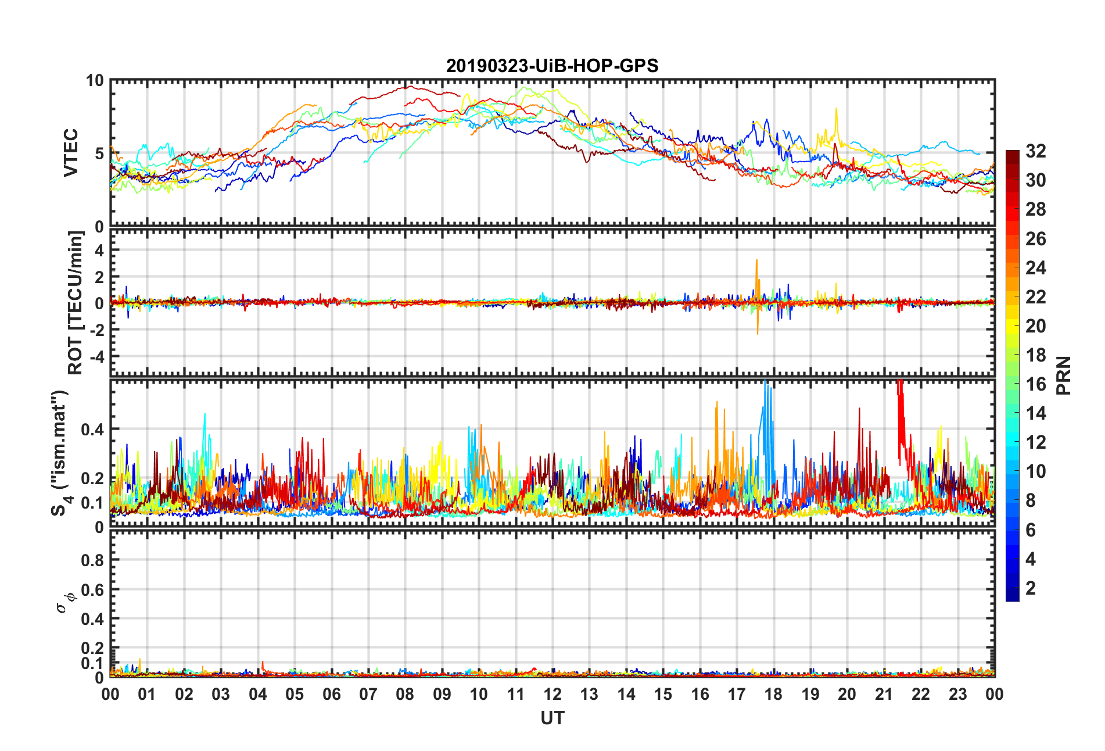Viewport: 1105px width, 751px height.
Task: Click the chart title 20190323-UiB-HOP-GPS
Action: click(552, 66)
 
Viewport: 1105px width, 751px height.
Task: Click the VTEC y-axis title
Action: click(71, 153)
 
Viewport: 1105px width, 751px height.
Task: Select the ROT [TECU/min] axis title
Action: click(76, 303)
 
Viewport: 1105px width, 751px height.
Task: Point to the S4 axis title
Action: click(60, 453)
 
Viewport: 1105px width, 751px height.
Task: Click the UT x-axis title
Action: click(552, 718)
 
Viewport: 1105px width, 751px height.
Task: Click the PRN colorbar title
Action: click(1064, 376)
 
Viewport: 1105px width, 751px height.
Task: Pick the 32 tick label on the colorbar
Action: click(1036, 152)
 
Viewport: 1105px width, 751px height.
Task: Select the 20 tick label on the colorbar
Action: click(1036, 326)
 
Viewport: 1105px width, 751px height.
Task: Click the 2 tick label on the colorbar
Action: click(1031, 588)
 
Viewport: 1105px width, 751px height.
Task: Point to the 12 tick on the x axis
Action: click(552, 695)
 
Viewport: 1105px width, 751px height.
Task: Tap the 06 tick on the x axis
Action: click(332, 695)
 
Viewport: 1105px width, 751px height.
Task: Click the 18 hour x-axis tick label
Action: click(773, 695)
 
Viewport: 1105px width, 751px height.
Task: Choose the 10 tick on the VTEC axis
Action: click(95, 81)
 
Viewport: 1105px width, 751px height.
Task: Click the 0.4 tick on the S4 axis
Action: click(92, 430)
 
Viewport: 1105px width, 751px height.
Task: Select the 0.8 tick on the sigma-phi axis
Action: click(92, 560)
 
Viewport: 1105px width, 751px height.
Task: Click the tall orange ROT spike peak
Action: click(756, 260)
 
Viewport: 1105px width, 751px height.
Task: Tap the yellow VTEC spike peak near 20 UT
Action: click(836, 109)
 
